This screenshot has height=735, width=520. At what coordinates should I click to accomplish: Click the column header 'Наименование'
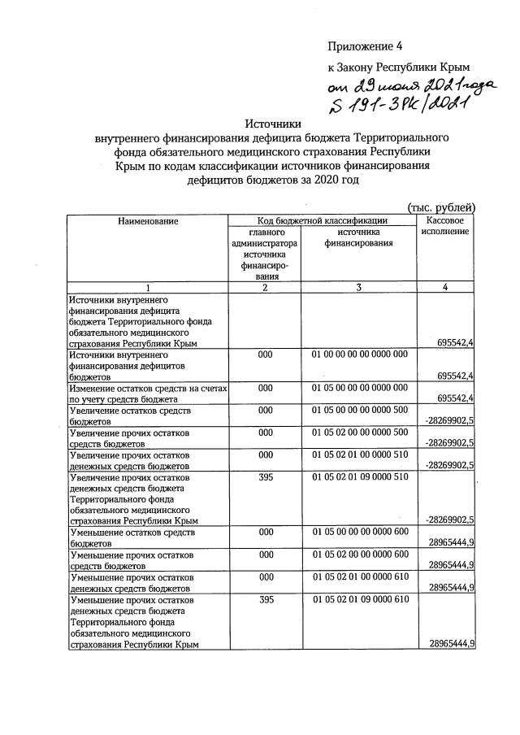(x=148, y=220)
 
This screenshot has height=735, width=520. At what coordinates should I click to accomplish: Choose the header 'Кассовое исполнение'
(x=444, y=226)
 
